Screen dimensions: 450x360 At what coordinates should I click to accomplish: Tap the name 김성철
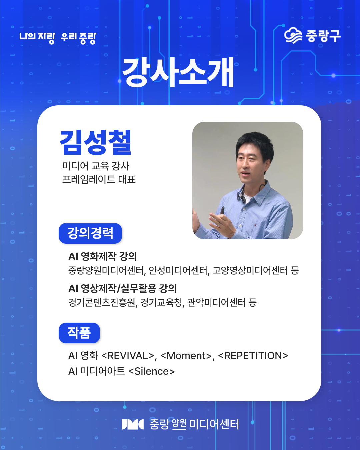click(96, 142)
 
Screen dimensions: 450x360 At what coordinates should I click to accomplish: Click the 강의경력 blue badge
click(90, 233)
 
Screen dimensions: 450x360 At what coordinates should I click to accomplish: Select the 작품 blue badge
click(79, 333)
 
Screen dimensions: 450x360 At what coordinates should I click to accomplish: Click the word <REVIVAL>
click(128, 356)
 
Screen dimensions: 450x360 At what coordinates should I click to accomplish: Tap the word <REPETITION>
click(253, 356)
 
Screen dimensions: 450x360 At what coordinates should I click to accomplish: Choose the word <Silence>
click(151, 371)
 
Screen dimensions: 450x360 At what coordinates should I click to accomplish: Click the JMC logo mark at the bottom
click(132, 424)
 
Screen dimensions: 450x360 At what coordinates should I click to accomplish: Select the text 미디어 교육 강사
click(96, 166)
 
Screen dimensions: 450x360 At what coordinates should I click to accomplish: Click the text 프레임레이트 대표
click(99, 179)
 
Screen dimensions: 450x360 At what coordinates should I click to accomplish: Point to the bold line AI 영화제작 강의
click(103, 256)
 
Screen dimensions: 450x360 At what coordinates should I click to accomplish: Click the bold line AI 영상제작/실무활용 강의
click(122, 288)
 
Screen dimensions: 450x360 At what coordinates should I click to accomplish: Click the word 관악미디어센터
click(216, 302)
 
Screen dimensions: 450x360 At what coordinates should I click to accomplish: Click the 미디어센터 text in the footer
click(214, 424)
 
